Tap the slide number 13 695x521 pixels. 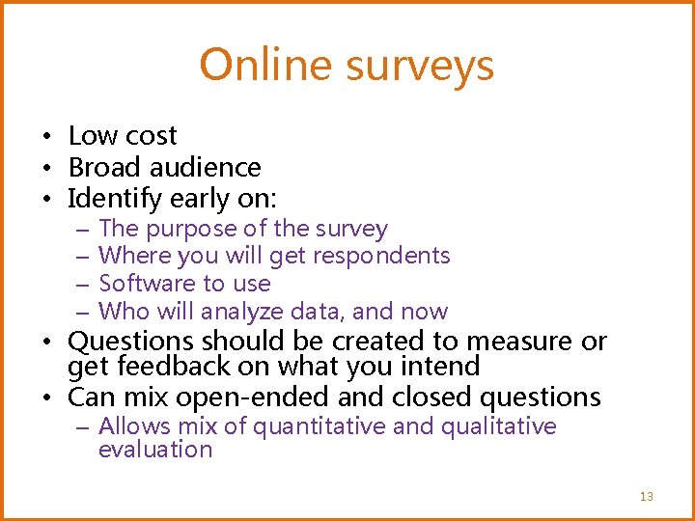tap(646, 496)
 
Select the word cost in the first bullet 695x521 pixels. tap(151, 136)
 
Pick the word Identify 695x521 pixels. tap(116, 199)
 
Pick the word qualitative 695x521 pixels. tap(498, 426)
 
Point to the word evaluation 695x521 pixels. tap(154, 450)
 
